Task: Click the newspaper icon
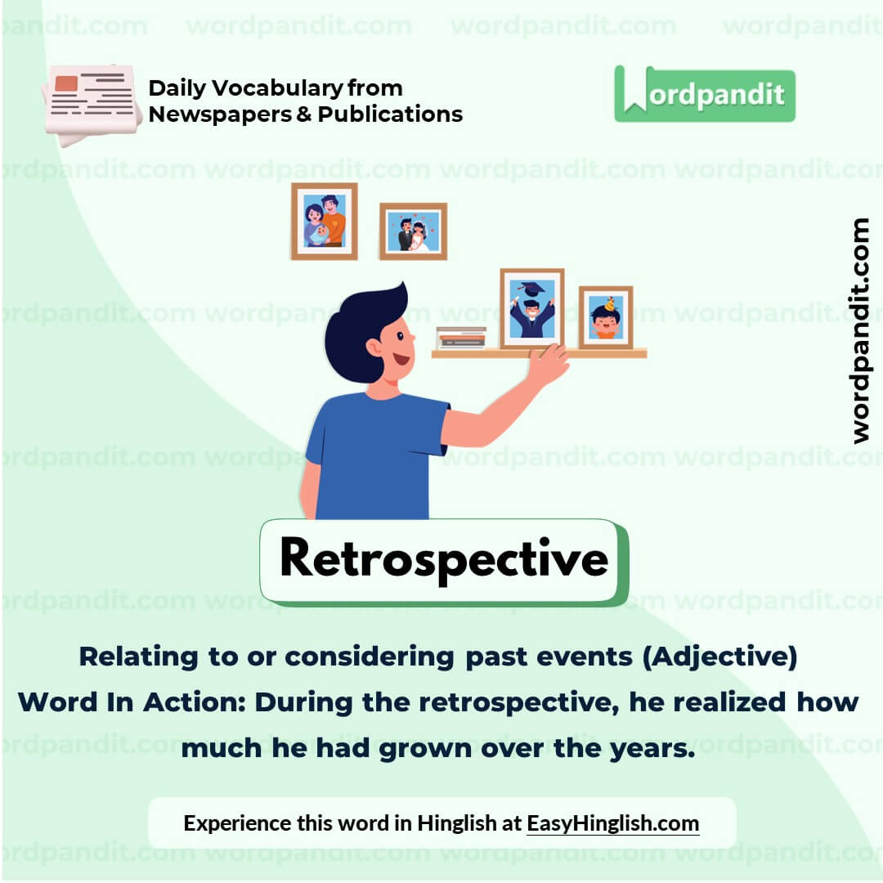coord(92,103)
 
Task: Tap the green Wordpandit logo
coord(704,95)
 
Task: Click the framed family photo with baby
coord(325,221)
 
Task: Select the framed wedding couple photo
coord(413,231)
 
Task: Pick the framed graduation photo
coord(531,309)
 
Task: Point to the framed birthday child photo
coord(606,317)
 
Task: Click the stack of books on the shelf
coord(461,338)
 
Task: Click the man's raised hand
coord(547,365)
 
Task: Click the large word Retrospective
coord(443,559)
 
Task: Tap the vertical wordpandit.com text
coord(860,330)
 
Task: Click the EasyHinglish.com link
coord(612,822)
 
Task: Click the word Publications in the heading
coord(390,114)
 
